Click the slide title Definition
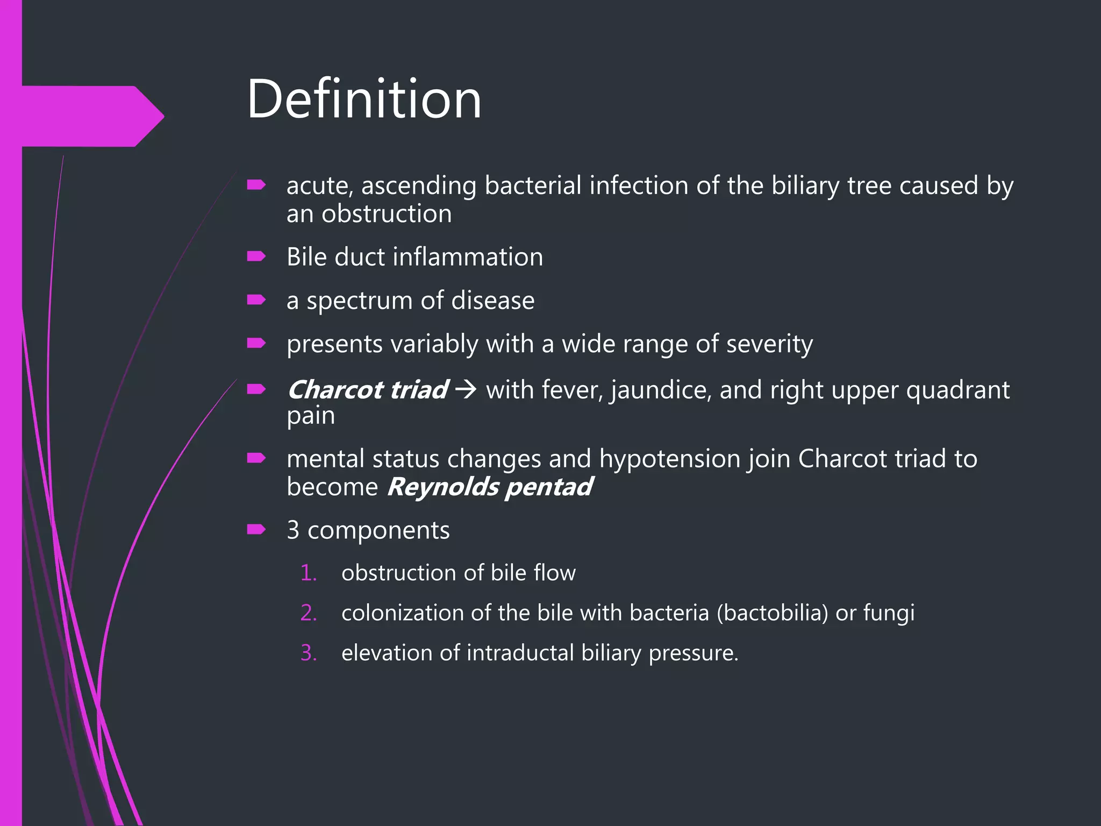pyautogui.click(x=364, y=99)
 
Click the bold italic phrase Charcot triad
pyautogui.click(x=368, y=390)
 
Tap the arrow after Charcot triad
pyautogui.click(x=466, y=389)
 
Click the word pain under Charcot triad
pyautogui.click(x=311, y=416)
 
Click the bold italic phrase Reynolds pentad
pyautogui.click(x=489, y=487)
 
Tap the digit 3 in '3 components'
pyautogui.click(x=293, y=530)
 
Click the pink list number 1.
pyautogui.click(x=308, y=573)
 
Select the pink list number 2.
pyautogui.click(x=309, y=613)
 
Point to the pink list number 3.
pyautogui.click(x=309, y=653)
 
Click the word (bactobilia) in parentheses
pyautogui.click(x=772, y=613)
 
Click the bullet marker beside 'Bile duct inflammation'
pyautogui.click(x=256, y=257)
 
